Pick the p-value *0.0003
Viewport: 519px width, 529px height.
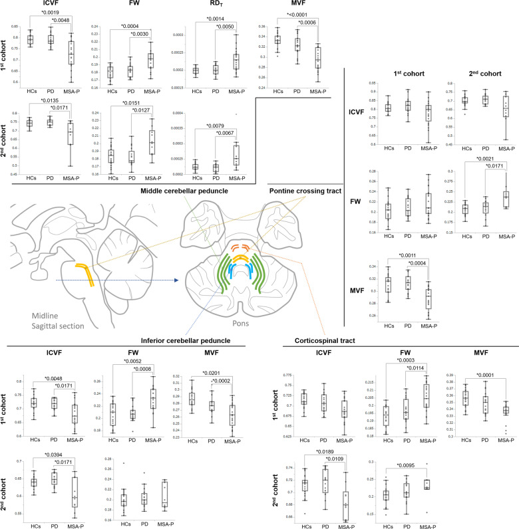pyautogui.click(x=404, y=360)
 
